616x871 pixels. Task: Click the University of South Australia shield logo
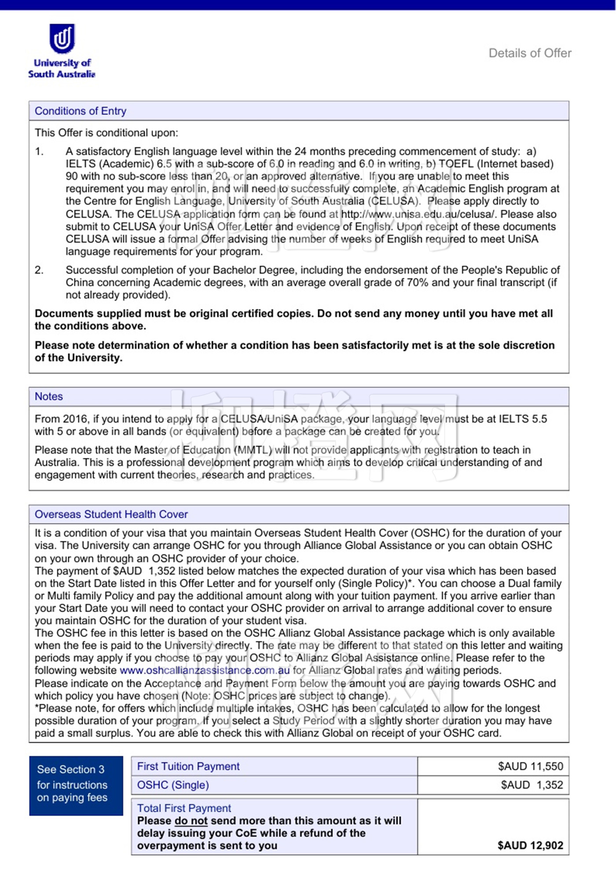point(62,38)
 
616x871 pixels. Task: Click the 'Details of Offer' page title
point(530,53)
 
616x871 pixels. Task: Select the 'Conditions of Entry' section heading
point(81,111)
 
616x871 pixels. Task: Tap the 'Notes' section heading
point(49,396)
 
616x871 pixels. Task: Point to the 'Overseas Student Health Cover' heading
point(111,514)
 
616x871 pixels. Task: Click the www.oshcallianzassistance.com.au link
point(205,670)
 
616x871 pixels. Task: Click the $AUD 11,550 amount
point(530,766)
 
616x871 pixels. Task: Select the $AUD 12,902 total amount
point(530,845)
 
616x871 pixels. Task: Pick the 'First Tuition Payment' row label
point(188,766)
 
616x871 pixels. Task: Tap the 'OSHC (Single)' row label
point(173,785)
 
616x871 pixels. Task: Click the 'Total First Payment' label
point(184,808)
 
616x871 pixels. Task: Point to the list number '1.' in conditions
point(39,151)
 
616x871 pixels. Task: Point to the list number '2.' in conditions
point(39,270)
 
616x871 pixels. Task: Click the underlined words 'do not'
point(191,821)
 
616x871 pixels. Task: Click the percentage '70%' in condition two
point(418,282)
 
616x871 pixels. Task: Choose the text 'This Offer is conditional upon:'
point(106,133)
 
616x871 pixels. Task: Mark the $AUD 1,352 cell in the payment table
point(532,785)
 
